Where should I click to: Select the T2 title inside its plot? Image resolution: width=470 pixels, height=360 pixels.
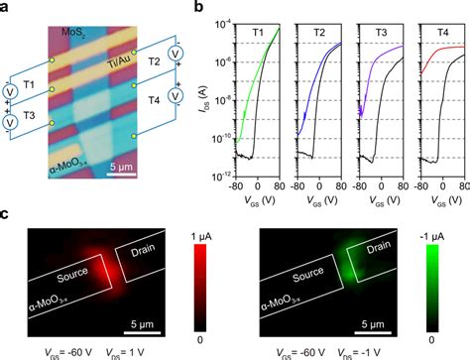[320, 33]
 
